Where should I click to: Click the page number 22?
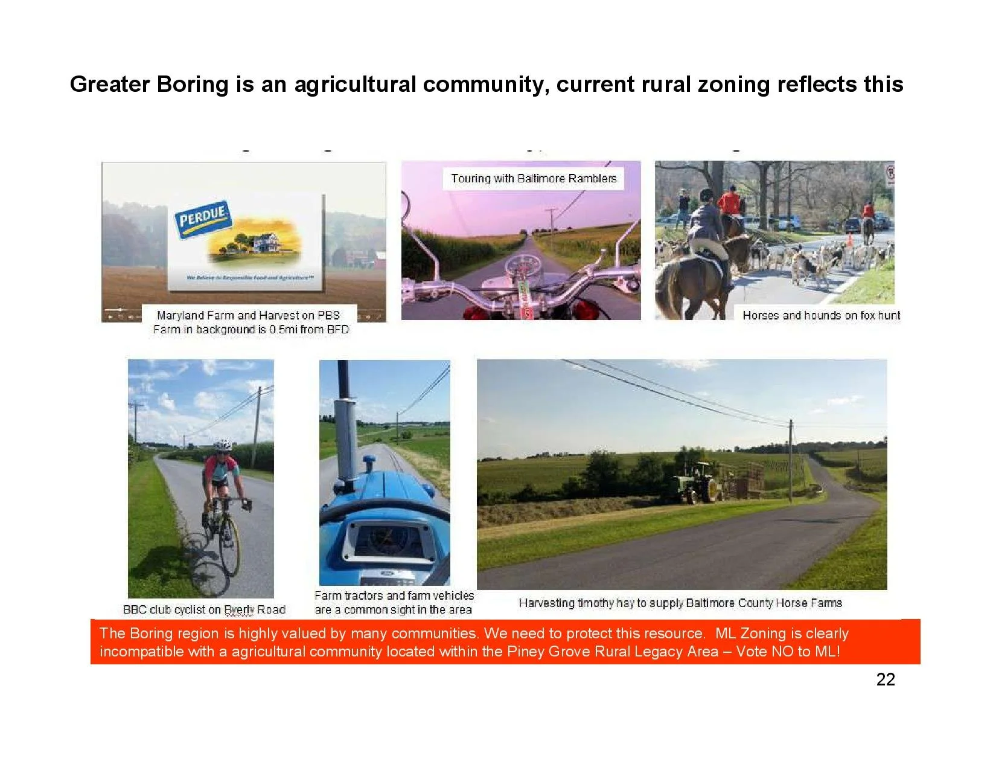click(x=885, y=679)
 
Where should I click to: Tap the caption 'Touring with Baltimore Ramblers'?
click(x=534, y=178)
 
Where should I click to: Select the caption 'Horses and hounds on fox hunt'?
click(x=821, y=315)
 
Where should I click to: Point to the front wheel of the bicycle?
click(x=229, y=553)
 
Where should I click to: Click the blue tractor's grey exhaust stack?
click(x=345, y=423)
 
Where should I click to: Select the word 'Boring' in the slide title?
click(x=193, y=84)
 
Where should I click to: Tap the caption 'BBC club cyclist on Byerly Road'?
click(x=204, y=609)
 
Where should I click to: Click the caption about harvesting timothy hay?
click(x=680, y=603)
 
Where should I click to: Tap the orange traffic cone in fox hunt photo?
click(x=849, y=240)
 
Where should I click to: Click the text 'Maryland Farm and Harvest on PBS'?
click(x=248, y=315)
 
